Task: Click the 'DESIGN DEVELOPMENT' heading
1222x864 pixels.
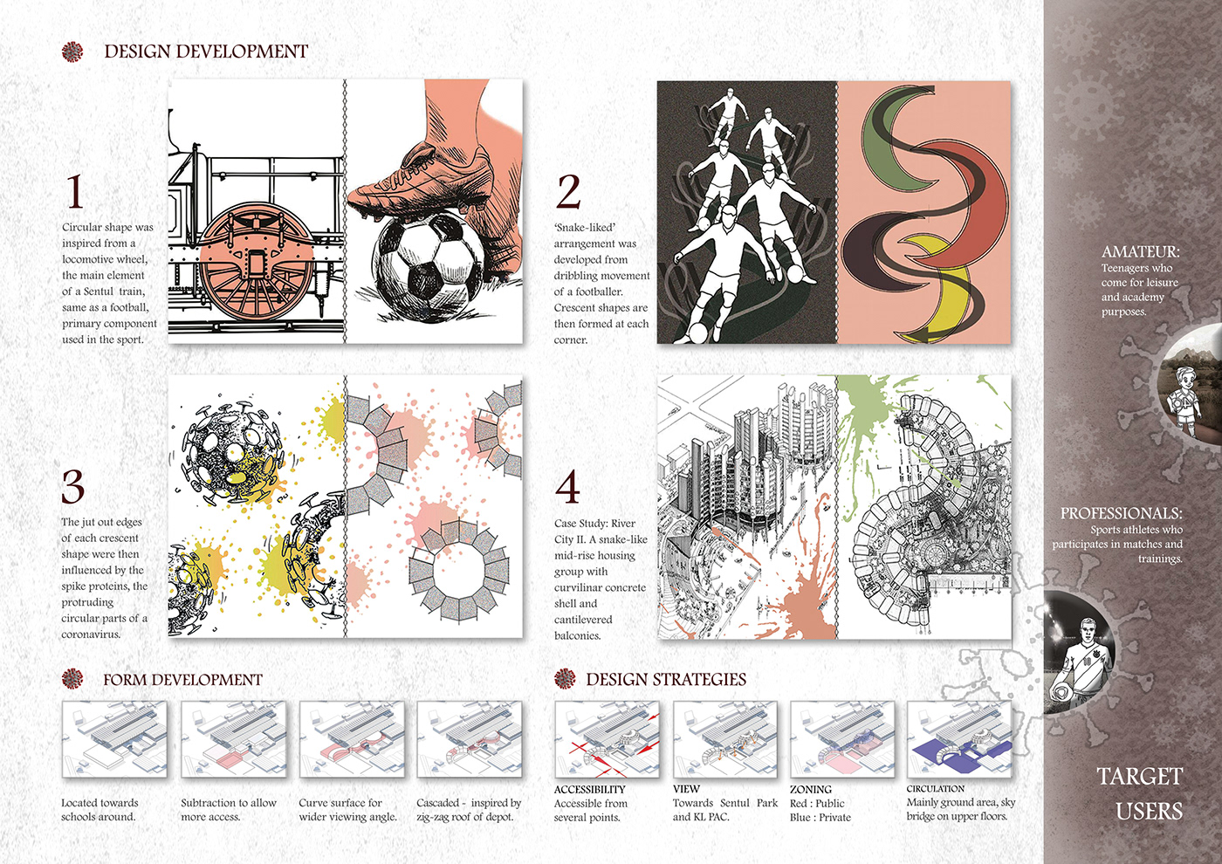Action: [206, 51]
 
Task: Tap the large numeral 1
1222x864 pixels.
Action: [75, 192]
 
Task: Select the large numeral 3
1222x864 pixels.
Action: [73, 487]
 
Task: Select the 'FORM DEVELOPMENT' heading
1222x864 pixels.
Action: [182, 680]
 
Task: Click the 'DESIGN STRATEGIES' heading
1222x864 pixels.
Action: [666, 679]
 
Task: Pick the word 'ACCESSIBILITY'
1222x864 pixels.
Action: [590, 789]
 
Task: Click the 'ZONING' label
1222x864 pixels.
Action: [811, 789]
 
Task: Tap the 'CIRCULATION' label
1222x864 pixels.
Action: [936, 789]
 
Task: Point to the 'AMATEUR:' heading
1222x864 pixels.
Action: [1140, 251]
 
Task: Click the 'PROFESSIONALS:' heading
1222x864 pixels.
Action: [1121, 513]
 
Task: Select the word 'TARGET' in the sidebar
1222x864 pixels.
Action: [1140, 776]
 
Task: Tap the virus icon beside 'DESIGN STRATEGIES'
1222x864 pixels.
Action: [565, 679]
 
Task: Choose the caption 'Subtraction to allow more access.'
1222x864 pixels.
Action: [229, 810]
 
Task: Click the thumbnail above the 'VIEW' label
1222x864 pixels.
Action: [725, 739]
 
